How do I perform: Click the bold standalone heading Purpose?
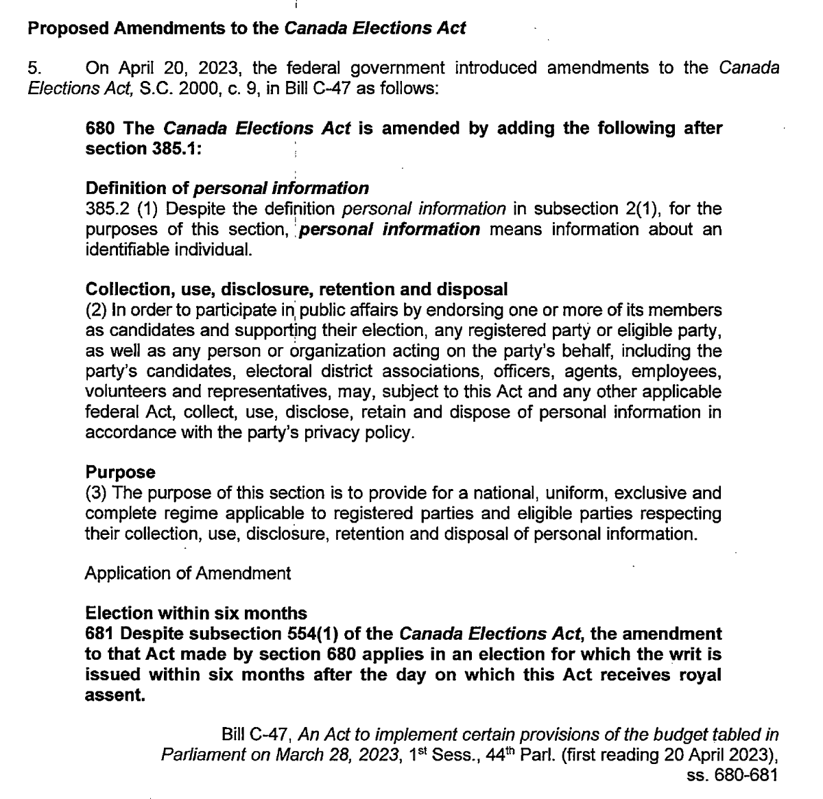pyautogui.click(x=121, y=473)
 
